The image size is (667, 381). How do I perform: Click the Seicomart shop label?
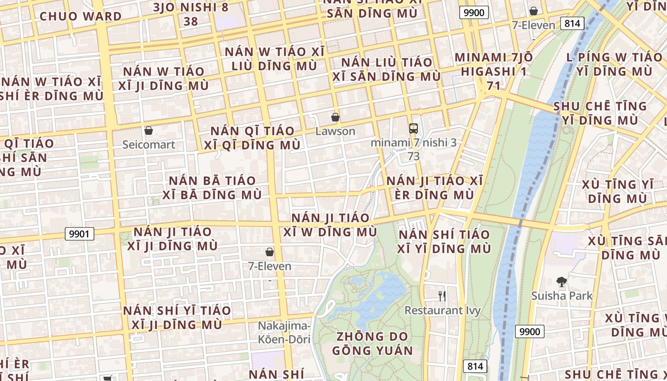(x=149, y=144)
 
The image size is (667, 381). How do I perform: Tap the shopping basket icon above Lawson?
(x=335, y=117)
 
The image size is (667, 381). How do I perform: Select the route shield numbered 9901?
(x=80, y=234)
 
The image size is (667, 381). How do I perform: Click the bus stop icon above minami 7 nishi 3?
(x=414, y=128)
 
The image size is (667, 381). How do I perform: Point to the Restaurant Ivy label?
(x=442, y=311)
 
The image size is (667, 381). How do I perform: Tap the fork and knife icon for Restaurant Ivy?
(x=442, y=296)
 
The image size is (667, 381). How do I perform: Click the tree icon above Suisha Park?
(x=562, y=282)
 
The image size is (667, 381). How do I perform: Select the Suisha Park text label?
(x=562, y=296)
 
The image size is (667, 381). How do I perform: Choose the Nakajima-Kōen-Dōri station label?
(x=284, y=332)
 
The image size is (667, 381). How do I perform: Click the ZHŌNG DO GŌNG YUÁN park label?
(x=373, y=343)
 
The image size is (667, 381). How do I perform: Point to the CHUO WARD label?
(x=81, y=16)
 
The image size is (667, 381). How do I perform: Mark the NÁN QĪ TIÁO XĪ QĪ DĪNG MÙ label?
(x=255, y=138)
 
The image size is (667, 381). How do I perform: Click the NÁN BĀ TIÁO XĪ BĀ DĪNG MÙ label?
(x=212, y=188)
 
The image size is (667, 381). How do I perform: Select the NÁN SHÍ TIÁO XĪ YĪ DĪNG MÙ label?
(x=444, y=241)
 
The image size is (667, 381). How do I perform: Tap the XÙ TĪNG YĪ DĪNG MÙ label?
(x=616, y=191)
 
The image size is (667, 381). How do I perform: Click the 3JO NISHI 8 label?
(x=191, y=8)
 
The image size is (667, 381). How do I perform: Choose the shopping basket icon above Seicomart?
(x=149, y=130)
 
